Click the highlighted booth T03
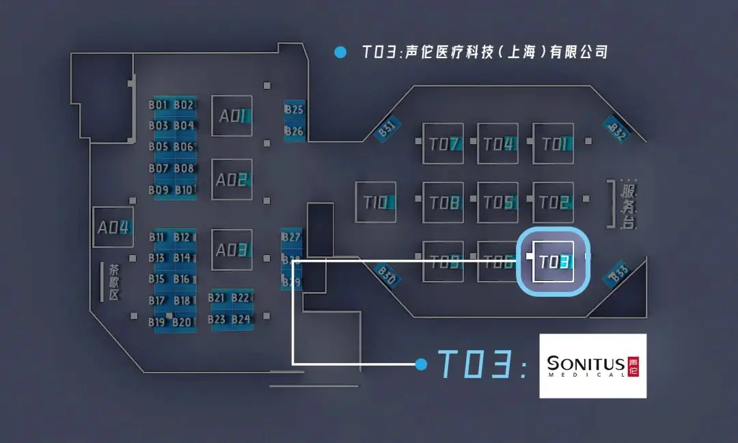[553, 262]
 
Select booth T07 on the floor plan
[443, 144]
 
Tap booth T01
[553, 144]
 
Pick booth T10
[375, 202]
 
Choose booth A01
[232, 116]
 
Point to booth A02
[232, 180]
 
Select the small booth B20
[182, 322]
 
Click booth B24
[241, 319]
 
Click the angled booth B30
[387, 275]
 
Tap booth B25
[295, 109]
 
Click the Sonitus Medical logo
[592, 366]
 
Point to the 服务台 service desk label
[627, 204]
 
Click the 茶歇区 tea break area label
[113, 282]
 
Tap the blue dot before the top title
[338, 52]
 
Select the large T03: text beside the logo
[482, 364]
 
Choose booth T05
[497, 202]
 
